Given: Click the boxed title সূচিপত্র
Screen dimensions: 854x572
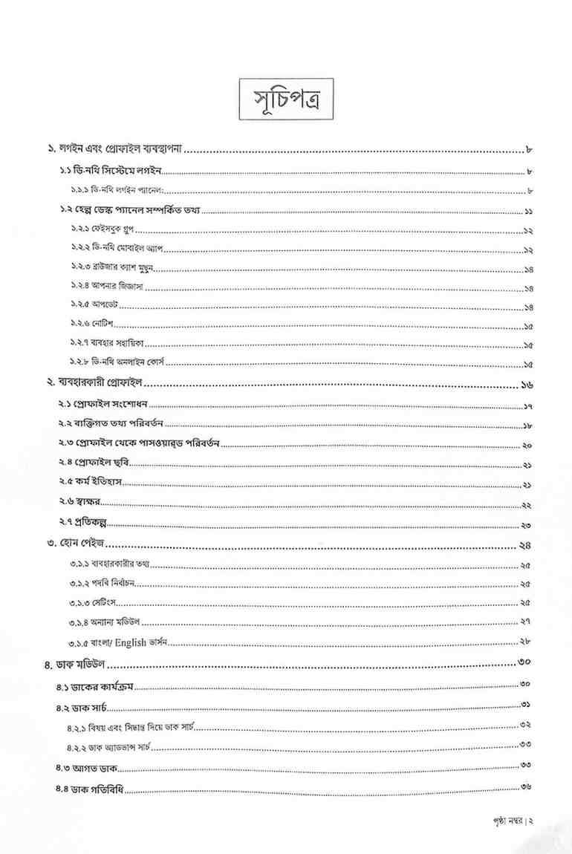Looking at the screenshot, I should pos(286,100).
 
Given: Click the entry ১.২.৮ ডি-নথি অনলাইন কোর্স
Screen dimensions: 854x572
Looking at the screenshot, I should pos(118,364).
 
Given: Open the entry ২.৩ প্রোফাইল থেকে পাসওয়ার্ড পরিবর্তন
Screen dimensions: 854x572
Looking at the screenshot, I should pos(138,445).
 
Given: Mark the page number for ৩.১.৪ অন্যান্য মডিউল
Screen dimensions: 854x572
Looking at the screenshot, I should pos(525,621).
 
